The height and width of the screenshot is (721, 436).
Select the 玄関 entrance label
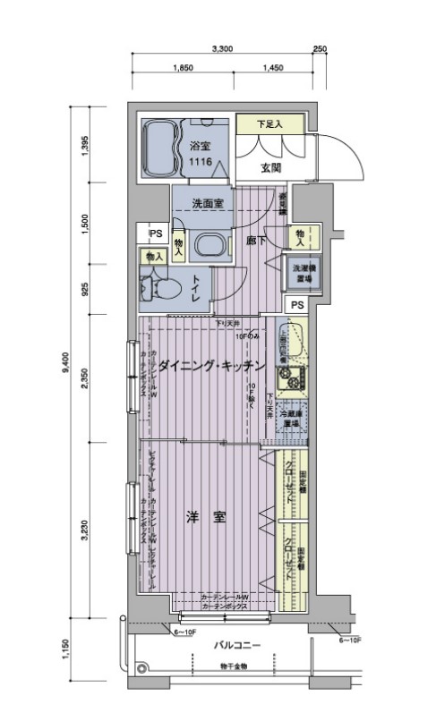272,167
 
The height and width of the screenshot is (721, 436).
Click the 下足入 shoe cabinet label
269,124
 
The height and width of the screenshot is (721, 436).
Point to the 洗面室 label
208,203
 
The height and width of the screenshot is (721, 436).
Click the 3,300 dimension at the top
223,49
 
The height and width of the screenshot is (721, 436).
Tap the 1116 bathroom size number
199,161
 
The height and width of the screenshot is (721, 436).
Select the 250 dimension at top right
320,49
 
